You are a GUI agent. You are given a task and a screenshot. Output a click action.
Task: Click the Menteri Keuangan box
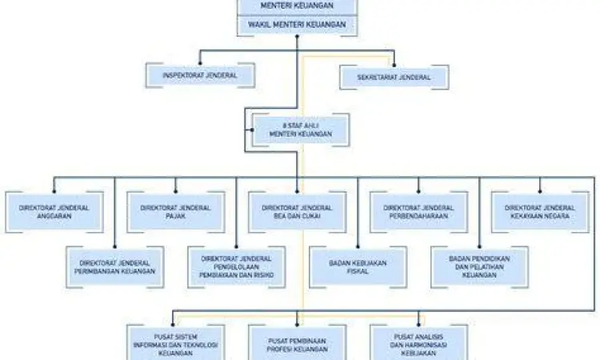(x=297, y=6)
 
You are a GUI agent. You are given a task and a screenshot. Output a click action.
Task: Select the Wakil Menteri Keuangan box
(x=297, y=25)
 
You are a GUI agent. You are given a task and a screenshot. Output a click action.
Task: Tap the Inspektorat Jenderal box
(x=201, y=76)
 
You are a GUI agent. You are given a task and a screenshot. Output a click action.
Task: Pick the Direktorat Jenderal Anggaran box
(x=54, y=211)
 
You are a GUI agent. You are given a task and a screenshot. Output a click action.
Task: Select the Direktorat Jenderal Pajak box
(x=175, y=211)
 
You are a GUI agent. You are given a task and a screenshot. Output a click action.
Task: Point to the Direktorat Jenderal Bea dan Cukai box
(x=297, y=211)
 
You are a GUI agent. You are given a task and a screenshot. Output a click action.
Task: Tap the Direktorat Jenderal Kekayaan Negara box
(x=540, y=211)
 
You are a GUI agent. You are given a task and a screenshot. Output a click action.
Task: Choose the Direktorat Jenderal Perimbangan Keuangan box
(x=114, y=267)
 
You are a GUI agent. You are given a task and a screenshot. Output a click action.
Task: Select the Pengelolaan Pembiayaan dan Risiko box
(x=237, y=267)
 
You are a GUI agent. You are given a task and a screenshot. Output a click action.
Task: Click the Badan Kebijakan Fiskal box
(x=358, y=267)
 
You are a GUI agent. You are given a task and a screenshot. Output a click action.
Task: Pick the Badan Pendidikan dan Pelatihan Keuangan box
(x=480, y=267)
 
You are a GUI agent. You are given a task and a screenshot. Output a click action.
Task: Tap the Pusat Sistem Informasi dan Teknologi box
(x=175, y=342)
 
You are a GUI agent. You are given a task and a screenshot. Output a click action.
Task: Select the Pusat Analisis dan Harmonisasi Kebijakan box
(x=419, y=342)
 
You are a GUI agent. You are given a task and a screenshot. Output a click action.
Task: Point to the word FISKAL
(x=358, y=271)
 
